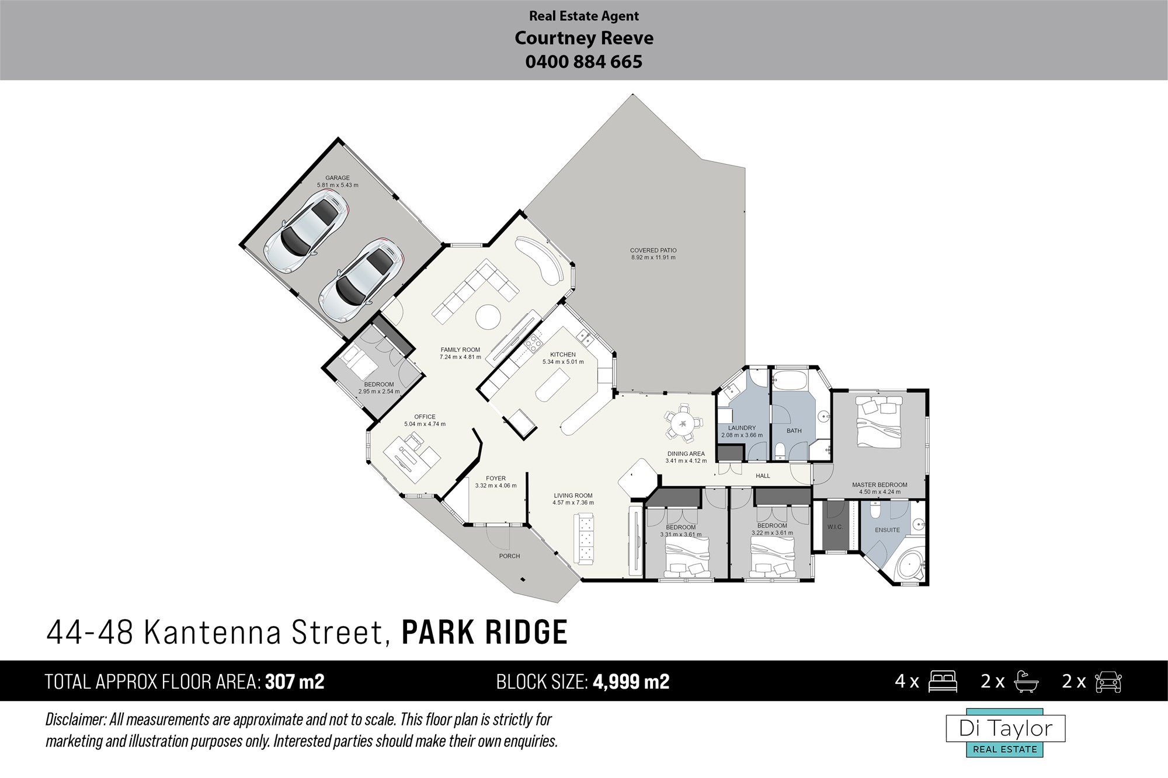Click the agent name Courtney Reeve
584,39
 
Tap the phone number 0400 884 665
584,62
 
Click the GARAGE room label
338,178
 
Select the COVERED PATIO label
653,250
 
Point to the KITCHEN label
563,354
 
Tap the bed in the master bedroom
880,421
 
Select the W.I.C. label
835,527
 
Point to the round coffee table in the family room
488,318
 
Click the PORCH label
509,556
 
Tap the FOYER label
496,479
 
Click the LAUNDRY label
742,428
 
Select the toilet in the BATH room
781,451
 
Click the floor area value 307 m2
294,682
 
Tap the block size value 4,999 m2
631,682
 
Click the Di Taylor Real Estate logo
1006,733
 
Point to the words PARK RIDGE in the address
485,632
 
